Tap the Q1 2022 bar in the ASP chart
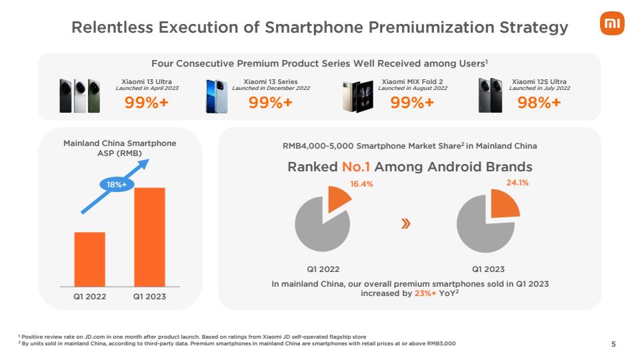(89, 259)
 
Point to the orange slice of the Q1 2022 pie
(339, 199)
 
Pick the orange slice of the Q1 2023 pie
(504, 203)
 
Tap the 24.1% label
(517, 181)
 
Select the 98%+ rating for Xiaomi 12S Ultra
(539, 103)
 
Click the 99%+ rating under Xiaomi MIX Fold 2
(412, 103)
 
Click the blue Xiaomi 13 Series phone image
(217, 95)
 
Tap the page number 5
(614, 344)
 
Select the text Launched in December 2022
(271, 88)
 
